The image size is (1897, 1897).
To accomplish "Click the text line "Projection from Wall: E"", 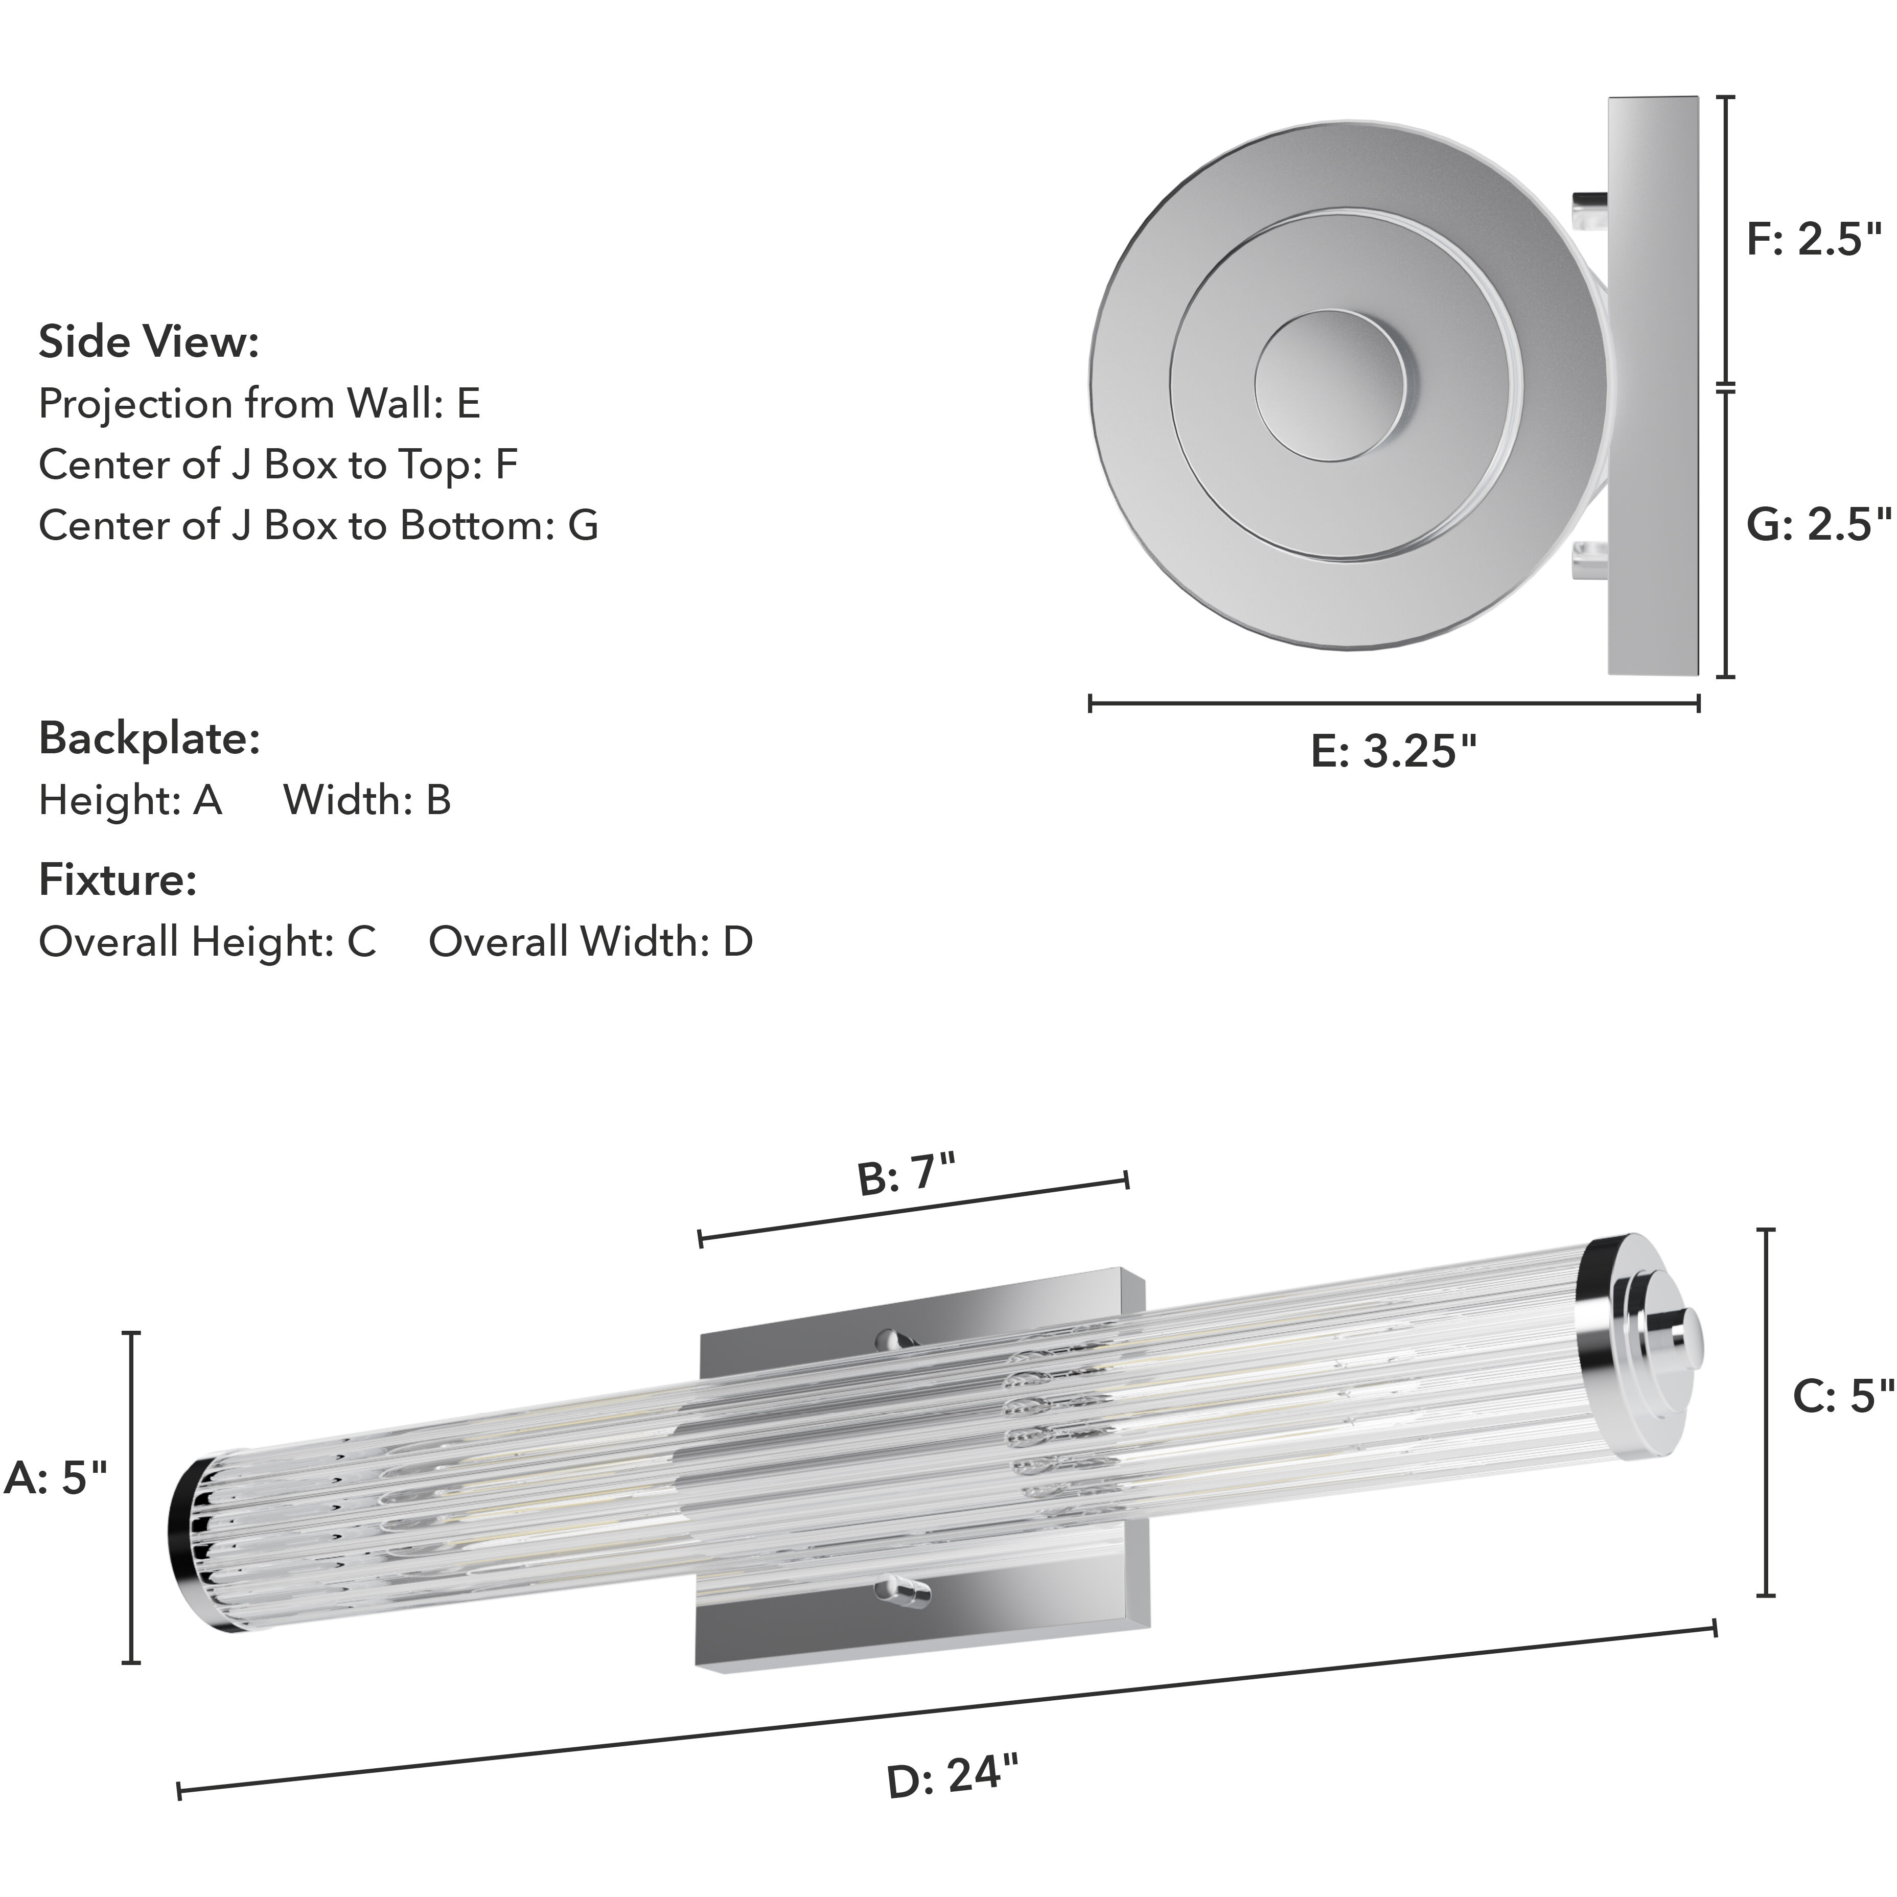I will point(259,404).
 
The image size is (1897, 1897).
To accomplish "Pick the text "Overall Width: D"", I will point(590,942).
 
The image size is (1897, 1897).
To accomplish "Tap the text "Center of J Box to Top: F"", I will point(278,465).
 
